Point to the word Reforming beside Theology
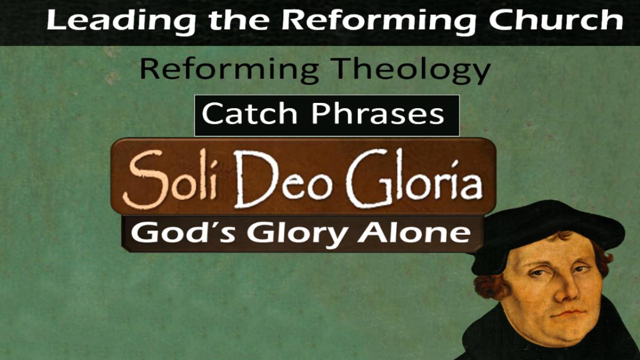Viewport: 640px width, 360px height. [x=229, y=70]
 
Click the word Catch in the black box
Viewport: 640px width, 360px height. [x=250, y=114]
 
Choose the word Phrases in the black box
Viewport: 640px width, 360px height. [x=378, y=114]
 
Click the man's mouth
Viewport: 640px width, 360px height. [x=570, y=314]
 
